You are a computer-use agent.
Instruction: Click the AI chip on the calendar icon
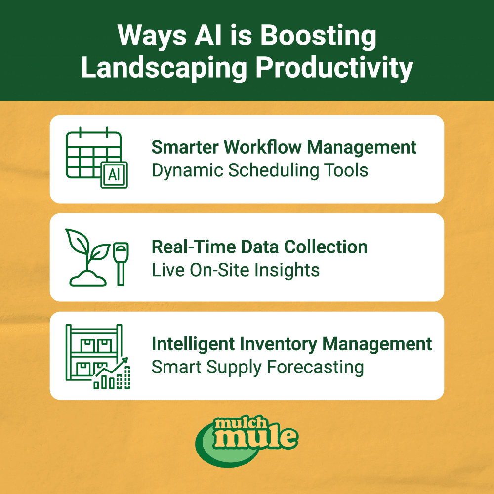coord(114,174)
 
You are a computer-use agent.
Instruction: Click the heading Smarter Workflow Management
coord(284,147)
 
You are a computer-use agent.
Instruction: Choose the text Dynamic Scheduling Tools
coord(260,170)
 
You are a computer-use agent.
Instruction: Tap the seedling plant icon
coord(88,257)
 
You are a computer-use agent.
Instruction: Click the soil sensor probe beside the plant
coord(120,262)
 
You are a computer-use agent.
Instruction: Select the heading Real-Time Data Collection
coord(259,247)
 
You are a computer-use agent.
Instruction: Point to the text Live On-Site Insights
coord(235,270)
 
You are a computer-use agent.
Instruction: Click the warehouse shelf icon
coord(91,351)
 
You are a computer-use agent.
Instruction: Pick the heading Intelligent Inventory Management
coord(291,344)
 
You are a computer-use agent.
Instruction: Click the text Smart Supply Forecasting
coord(257,367)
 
